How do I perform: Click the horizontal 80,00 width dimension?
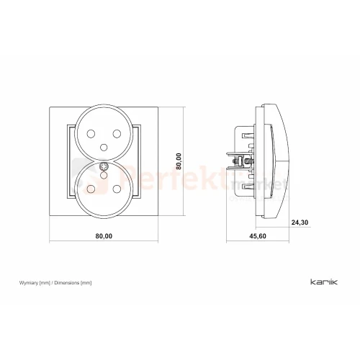coord(104,236)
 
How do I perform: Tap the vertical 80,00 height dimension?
coord(179,161)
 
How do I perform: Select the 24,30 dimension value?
coord(300,222)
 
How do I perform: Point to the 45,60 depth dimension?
coord(258,236)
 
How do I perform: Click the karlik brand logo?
coord(324,282)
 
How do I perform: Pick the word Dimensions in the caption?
coord(67,283)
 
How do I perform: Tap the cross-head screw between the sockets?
coord(104,166)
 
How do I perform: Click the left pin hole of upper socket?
coord(91,134)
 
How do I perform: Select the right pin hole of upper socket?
coord(117,134)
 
